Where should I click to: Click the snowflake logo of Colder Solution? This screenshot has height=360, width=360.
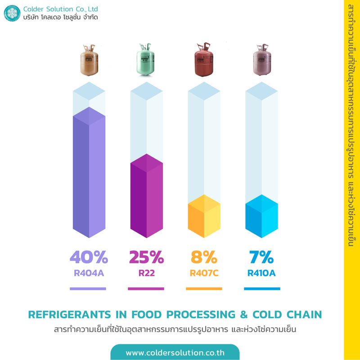point(12,13)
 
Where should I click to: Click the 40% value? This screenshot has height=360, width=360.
point(89,257)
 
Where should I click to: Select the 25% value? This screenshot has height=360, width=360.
point(146,257)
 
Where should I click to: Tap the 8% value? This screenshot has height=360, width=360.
point(204,257)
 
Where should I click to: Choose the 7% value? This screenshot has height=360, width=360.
point(261,257)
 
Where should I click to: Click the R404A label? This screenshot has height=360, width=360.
point(89,272)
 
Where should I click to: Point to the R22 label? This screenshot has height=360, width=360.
point(146,272)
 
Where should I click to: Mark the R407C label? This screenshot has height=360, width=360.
point(204,272)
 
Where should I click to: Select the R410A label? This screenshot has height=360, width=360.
point(261,272)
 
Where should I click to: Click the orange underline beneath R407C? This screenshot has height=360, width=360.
point(204,288)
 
